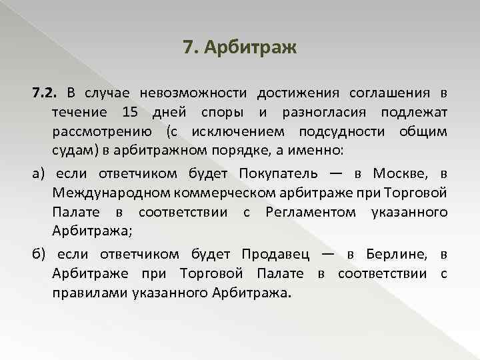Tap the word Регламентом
coord(311,213)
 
